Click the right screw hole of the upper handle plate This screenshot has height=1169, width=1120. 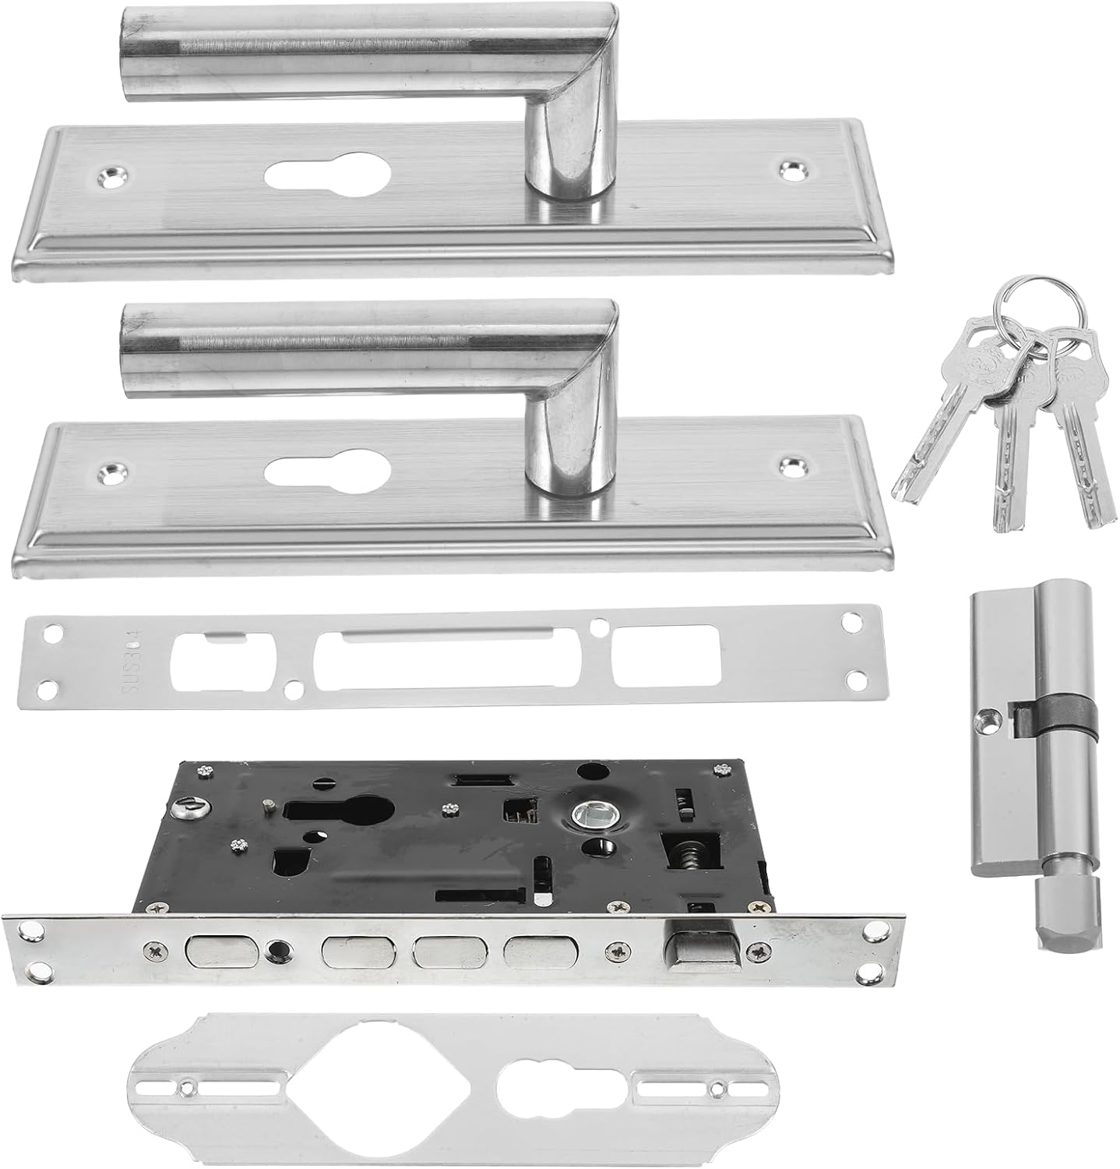[794, 168]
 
